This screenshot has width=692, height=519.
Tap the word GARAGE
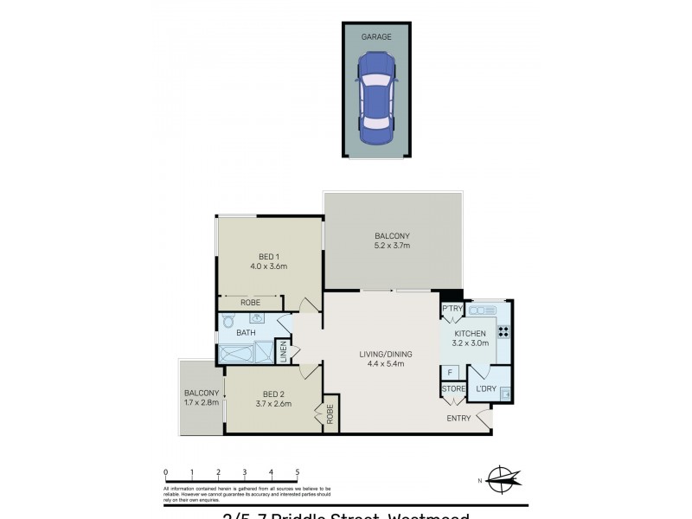[x=376, y=37]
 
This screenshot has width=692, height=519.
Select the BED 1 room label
[x=269, y=256]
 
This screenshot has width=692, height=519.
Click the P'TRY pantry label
[x=451, y=309]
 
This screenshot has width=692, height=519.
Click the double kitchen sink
[x=480, y=309]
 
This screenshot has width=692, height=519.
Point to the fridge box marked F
[x=451, y=372]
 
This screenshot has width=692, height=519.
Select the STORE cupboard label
[x=453, y=389]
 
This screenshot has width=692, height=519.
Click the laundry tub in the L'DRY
[x=505, y=394]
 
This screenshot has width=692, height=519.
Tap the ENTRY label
[x=458, y=419]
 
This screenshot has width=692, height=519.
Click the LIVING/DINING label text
[x=386, y=354]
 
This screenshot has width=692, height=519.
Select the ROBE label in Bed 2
[x=330, y=413]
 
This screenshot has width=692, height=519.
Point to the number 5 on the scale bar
[x=298, y=472]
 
